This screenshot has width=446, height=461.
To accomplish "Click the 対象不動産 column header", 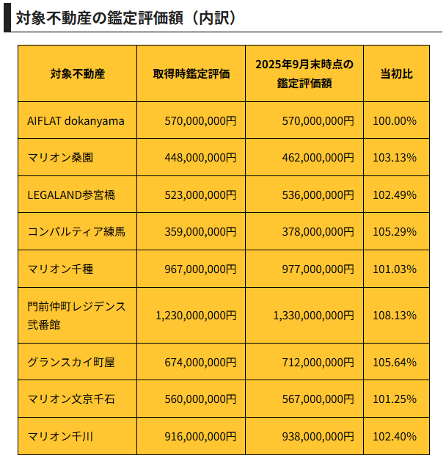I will [78, 74].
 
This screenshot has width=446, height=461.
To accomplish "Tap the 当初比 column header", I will [396, 74].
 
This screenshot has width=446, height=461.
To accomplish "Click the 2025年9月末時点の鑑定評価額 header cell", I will [304, 74].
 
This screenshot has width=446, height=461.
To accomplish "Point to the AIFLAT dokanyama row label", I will [76, 121].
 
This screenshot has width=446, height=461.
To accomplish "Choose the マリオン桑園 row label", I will [60, 158].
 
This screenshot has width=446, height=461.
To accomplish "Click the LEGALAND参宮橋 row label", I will [71, 195].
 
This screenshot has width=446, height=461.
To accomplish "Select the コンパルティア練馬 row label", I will [76, 232].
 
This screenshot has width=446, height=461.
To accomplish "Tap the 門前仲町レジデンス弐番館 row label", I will [76, 315].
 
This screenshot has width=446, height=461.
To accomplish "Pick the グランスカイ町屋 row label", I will [71, 363].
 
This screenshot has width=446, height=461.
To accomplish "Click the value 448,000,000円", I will [200, 158].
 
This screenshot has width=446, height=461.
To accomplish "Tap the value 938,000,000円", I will [318, 437].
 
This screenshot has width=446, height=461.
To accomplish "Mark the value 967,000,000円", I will [200, 269].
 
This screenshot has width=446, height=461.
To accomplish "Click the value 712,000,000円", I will [318, 363].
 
